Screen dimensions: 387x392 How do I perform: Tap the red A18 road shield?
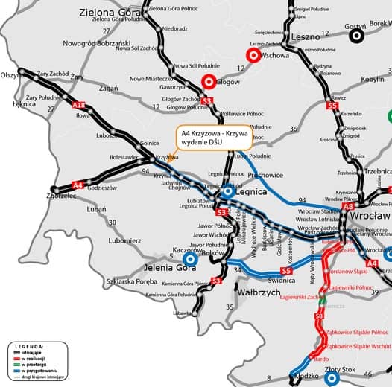[x=79, y=106]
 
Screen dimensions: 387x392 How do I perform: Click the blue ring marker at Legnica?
[x=229, y=191]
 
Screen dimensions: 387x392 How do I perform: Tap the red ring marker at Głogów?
[x=209, y=83]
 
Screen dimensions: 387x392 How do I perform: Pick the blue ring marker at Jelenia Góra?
[x=190, y=260]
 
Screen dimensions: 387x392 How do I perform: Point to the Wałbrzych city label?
[x=258, y=292]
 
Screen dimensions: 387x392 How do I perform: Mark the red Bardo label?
[x=311, y=359]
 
